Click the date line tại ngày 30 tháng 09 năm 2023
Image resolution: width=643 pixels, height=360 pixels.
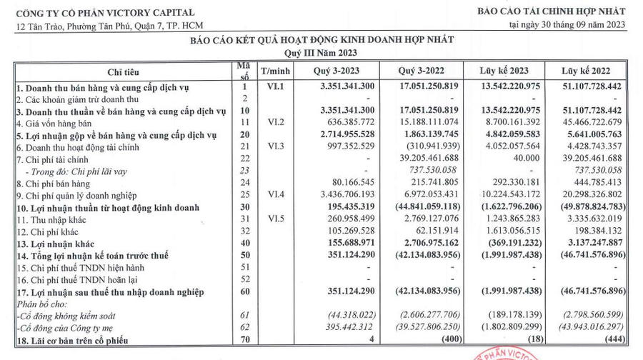[567, 25]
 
